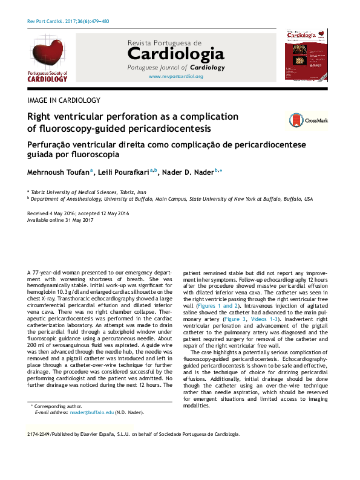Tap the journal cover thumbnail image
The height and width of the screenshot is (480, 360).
coord(306,55)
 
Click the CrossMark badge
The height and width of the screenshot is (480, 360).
coord(308,120)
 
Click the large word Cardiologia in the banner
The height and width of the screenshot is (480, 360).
coord(175,55)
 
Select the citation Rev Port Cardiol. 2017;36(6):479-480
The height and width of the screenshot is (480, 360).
coord(68,21)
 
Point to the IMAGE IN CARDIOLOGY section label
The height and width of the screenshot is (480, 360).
coord(64,100)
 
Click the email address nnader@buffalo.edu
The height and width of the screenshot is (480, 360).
coord(91,412)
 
